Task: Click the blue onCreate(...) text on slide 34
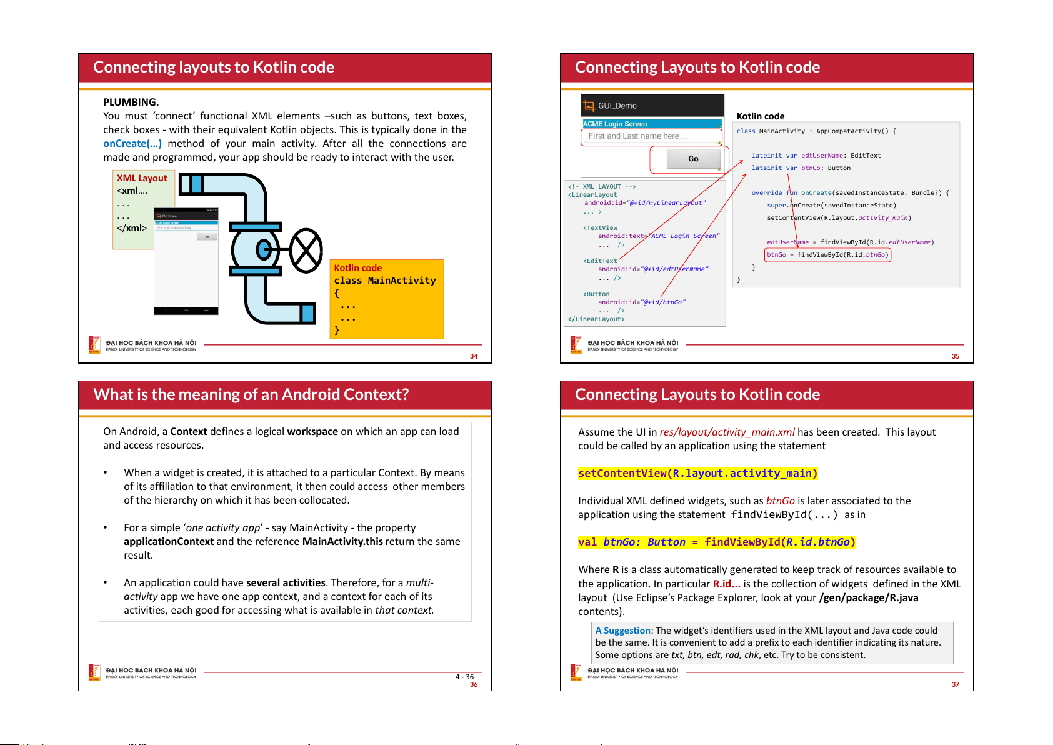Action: click(x=132, y=144)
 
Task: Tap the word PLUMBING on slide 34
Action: click(x=131, y=102)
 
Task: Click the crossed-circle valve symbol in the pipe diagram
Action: click(x=306, y=251)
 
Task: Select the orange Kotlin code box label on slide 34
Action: click(x=357, y=268)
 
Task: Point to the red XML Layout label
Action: click(x=142, y=179)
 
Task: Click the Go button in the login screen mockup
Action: click(x=693, y=159)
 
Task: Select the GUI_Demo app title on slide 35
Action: click(x=617, y=106)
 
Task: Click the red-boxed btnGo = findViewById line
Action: click(x=827, y=255)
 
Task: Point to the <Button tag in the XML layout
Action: click(x=597, y=294)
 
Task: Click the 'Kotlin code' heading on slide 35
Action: click(x=760, y=116)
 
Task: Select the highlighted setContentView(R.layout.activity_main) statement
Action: click(x=697, y=474)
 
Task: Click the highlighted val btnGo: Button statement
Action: click(x=716, y=542)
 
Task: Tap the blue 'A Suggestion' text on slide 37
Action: click(x=622, y=631)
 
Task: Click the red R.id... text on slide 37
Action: click(x=726, y=584)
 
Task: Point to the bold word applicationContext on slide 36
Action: click(x=169, y=542)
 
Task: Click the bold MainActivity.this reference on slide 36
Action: click(x=342, y=542)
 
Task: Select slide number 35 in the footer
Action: click(x=955, y=357)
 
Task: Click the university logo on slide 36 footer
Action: click(x=94, y=672)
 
